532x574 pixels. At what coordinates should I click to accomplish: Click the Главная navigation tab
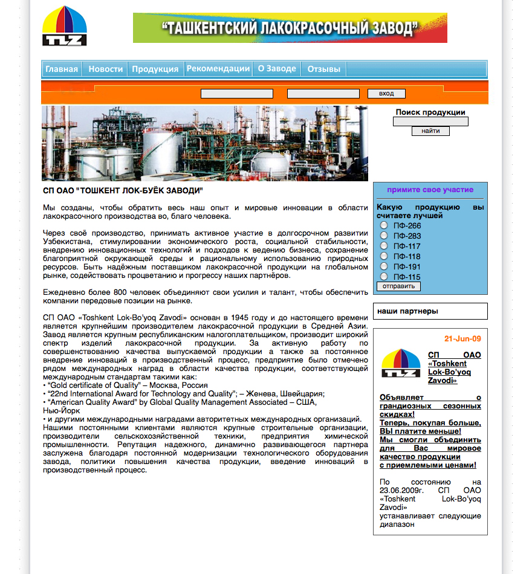pyautogui.click(x=62, y=69)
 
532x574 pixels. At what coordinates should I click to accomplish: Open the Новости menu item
pyautogui.click(x=106, y=69)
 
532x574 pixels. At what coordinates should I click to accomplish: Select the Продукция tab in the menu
pyautogui.click(x=155, y=69)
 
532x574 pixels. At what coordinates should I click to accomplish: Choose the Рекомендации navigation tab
pyautogui.click(x=218, y=68)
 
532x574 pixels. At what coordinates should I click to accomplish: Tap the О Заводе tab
pyautogui.click(x=277, y=68)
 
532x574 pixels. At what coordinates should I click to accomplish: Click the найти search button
pyautogui.click(x=430, y=131)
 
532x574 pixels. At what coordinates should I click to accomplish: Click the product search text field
pyautogui.click(x=430, y=121)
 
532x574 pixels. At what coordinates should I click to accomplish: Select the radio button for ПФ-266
pyautogui.click(x=383, y=225)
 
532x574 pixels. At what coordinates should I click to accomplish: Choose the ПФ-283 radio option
pyautogui.click(x=383, y=236)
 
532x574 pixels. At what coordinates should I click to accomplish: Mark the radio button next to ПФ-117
pyautogui.click(x=383, y=246)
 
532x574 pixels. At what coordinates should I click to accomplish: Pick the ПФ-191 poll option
pyautogui.click(x=383, y=266)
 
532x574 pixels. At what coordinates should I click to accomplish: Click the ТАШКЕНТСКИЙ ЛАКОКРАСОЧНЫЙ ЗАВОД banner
pyautogui.click(x=290, y=28)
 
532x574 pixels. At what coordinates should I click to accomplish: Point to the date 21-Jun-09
pyautogui.click(x=462, y=338)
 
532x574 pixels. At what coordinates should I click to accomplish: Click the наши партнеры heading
pyautogui.click(x=407, y=311)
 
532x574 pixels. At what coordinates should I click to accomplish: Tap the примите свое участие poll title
pyautogui.click(x=430, y=190)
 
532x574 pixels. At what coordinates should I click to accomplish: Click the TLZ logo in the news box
pyautogui.click(x=401, y=363)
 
